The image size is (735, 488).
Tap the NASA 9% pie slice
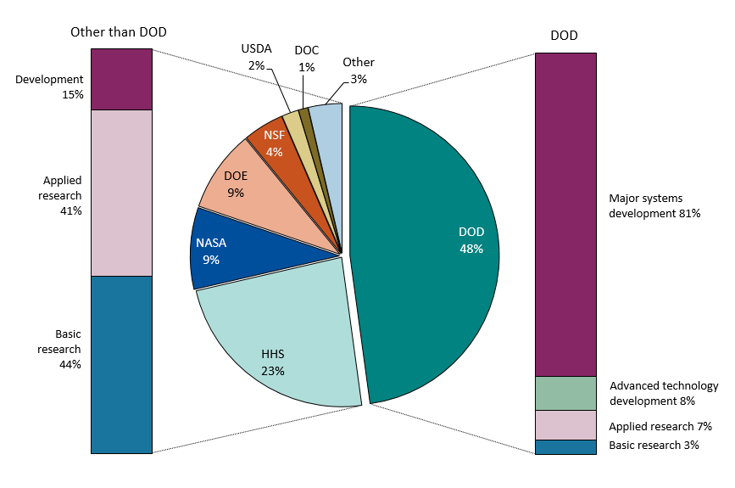225,250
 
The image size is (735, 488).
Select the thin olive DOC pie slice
304,119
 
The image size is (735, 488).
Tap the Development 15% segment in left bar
121,79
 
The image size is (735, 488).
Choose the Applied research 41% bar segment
121,193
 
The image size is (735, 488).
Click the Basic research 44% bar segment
121,364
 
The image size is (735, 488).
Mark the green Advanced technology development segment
565,393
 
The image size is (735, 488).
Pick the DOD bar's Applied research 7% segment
565,425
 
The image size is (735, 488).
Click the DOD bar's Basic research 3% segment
565,446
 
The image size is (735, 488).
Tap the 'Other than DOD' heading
118,31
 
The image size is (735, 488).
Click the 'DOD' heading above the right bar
565,36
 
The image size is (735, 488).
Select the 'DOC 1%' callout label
306,59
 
